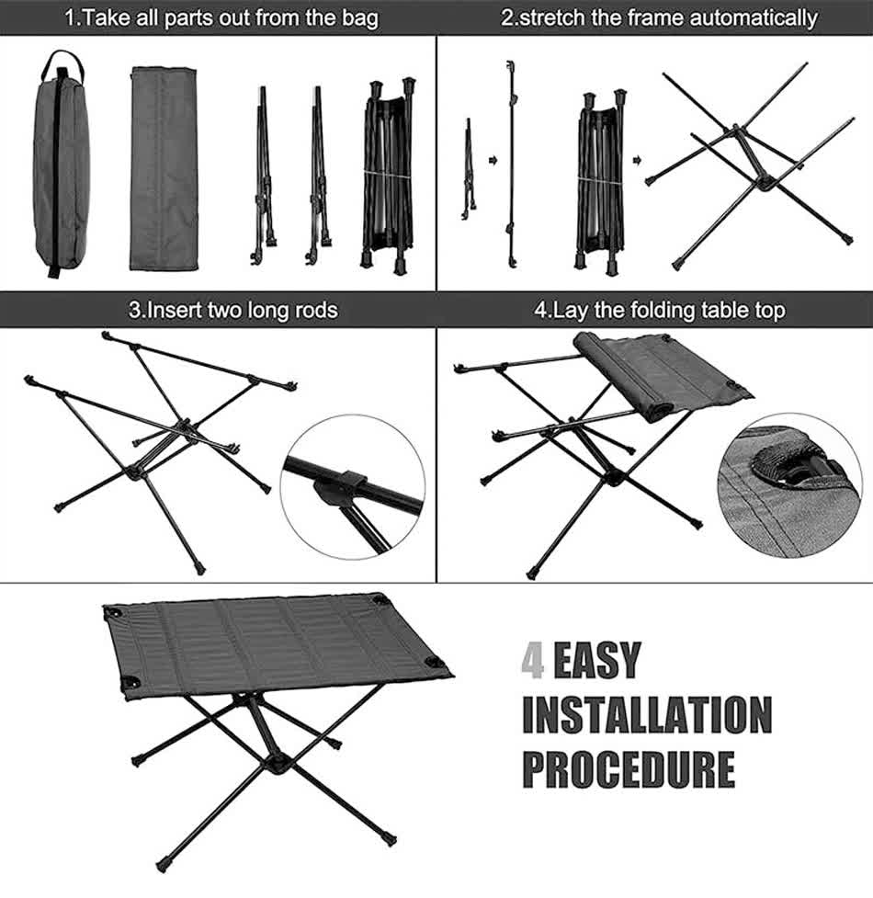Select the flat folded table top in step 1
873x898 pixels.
164,169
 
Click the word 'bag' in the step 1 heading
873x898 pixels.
360,17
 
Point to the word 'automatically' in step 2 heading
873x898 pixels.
754,17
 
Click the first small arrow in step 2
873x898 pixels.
493,160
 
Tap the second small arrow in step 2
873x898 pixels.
637,160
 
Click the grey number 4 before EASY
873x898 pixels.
533,660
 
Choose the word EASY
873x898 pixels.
596,660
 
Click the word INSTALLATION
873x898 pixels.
648,715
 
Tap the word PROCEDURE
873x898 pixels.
629,769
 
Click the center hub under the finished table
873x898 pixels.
278,765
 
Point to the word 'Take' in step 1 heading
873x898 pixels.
106,17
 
